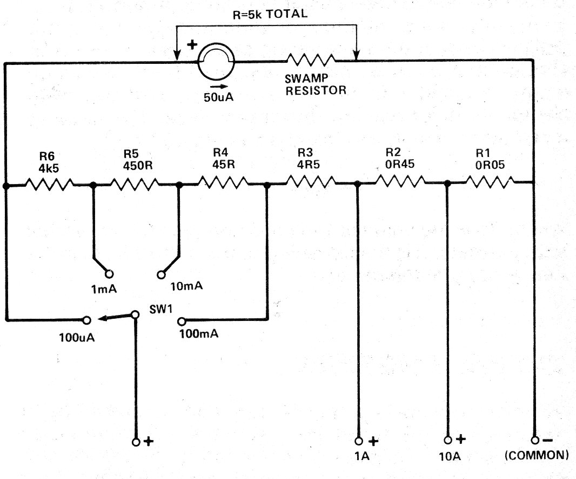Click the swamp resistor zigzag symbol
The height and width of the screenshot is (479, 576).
click(311, 59)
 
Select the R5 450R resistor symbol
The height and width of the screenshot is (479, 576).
click(135, 184)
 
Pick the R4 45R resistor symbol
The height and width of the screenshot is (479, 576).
click(223, 182)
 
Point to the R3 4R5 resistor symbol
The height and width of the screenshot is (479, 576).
click(310, 181)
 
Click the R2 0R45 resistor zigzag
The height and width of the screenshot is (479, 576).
click(400, 181)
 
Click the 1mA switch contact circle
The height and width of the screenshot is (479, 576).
click(109, 274)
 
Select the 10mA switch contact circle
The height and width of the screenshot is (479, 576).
click(161, 274)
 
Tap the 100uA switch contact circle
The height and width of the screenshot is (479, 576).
click(86, 320)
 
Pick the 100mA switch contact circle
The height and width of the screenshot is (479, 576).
click(182, 321)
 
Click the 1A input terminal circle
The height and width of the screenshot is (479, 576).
click(359, 441)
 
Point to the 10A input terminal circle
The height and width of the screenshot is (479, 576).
click(448, 440)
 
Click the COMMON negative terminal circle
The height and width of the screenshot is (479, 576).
click(535, 440)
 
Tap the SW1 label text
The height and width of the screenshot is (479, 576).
click(161, 309)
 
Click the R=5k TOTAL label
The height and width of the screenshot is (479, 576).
click(270, 15)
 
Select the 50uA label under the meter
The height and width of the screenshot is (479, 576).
click(219, 97)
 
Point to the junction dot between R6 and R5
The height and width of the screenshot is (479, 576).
click(93, 185)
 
